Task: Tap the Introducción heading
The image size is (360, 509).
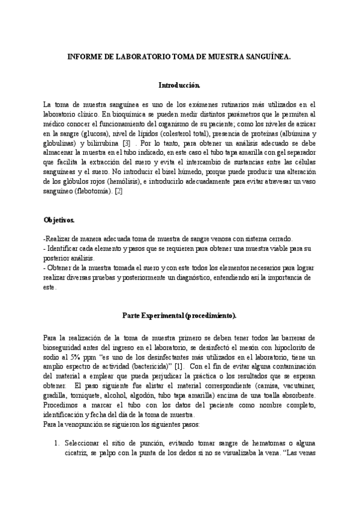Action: (179, 85)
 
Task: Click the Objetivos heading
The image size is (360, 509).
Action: (59, 220)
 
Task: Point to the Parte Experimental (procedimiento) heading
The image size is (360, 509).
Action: (179, 315)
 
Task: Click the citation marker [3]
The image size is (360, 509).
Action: (127, 144)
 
